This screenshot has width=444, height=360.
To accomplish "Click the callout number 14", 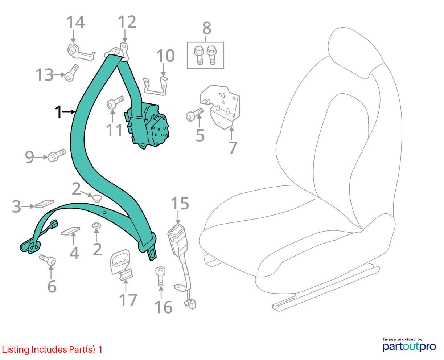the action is point(75,22).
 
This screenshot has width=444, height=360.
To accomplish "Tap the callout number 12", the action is point(127,22).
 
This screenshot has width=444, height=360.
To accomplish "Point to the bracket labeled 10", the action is point(155,87).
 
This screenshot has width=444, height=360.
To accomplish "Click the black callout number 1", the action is point(58,112).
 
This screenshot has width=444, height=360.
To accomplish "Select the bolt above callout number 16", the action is point(160,276).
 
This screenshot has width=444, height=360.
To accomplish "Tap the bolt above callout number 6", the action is point(48,260).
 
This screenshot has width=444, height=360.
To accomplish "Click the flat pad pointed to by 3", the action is point(44,204).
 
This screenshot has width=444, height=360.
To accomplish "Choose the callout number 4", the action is point(74,253).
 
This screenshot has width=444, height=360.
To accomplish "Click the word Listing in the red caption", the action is point(16,350).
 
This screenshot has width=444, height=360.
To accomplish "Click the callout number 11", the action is point(114,130).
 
